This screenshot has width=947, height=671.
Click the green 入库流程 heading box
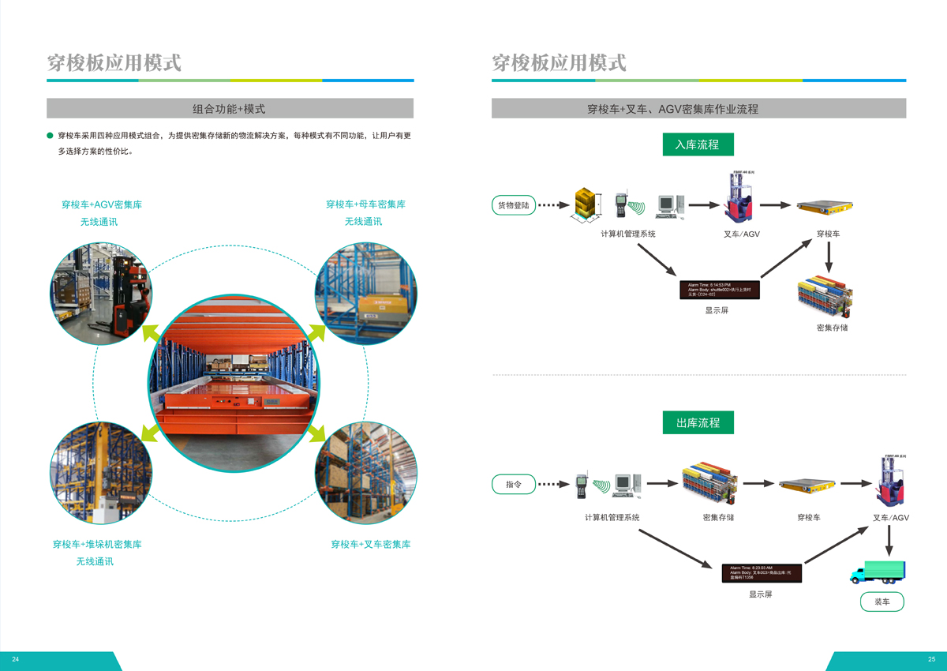click(x=698, y=144)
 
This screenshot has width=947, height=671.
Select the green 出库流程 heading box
click(x=698, y=422)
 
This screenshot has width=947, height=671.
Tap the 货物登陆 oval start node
click(x=514, y=205)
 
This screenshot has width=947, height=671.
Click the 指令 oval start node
click(x=513, y=484)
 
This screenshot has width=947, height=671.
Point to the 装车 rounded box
click(x=881, y=602)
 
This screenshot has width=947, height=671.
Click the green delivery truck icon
click(x=878, y=572)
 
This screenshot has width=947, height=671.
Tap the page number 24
click(x=15, y=659)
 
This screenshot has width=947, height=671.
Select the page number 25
click(x=931, y=659)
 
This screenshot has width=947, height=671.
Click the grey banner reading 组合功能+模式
click(x=230, y=109)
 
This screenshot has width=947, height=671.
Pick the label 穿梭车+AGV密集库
click(x=102, y=204)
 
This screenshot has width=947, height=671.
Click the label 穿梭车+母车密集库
click(x=365, y=204)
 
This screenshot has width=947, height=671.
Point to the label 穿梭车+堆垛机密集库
click(x=97, y=545)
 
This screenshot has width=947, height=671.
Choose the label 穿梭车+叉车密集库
click(x=370, y=545)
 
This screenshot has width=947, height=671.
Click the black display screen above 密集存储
click(x=719, y=289)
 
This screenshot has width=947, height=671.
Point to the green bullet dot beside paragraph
click(x=51, y=136)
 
